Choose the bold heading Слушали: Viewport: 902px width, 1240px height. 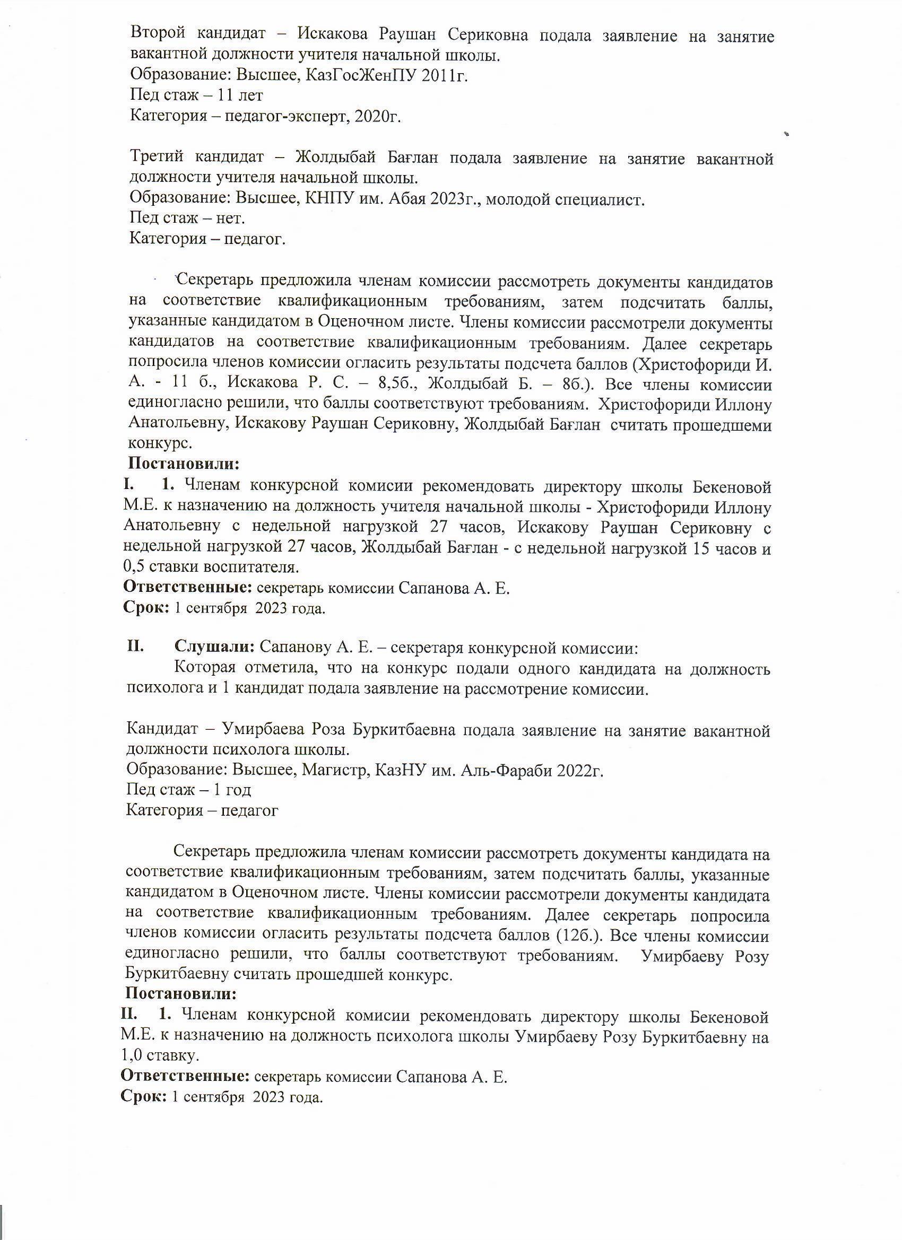[214, 648]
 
